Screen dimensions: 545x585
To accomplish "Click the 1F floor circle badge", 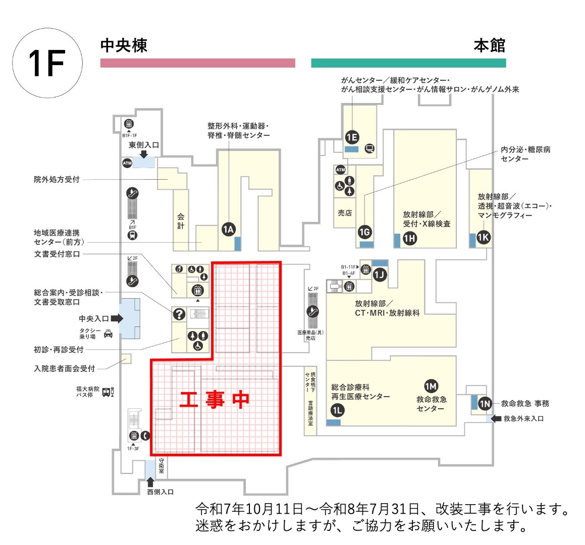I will click(x=47, y=63).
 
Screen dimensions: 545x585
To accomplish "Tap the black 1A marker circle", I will click(x=229, y=230).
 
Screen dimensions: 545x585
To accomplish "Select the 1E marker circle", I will click(x=352, y=137).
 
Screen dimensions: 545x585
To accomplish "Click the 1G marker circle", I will click(x=364, y=232).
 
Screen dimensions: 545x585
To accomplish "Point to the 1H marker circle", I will click(x=410, y=238).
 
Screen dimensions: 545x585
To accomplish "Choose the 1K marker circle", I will click(x=484, y=238).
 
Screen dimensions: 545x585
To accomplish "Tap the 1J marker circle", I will click(x=380, y=275).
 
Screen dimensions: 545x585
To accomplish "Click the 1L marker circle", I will click(x=337, y=410).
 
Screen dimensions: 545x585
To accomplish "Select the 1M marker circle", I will click(x=431, y=387).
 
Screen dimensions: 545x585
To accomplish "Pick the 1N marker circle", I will click(x=485, y=404).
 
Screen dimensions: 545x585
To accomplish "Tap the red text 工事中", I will click(x=215, y=400).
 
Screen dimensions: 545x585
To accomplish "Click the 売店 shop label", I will click(x=345, y=213).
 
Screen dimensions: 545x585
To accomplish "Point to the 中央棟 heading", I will click(x=124, y=45).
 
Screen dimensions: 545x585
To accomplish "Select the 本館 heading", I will click(x=489, y=45).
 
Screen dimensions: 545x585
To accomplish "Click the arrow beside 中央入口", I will click(x=117, y=318).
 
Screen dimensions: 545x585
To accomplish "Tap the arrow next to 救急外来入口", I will click(x=496, y=418).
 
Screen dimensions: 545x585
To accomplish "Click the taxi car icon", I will click(x=108, y=333).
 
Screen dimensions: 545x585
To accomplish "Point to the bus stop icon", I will click(x=108, y=392).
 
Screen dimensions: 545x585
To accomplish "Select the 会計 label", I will click(x=181, y=221).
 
